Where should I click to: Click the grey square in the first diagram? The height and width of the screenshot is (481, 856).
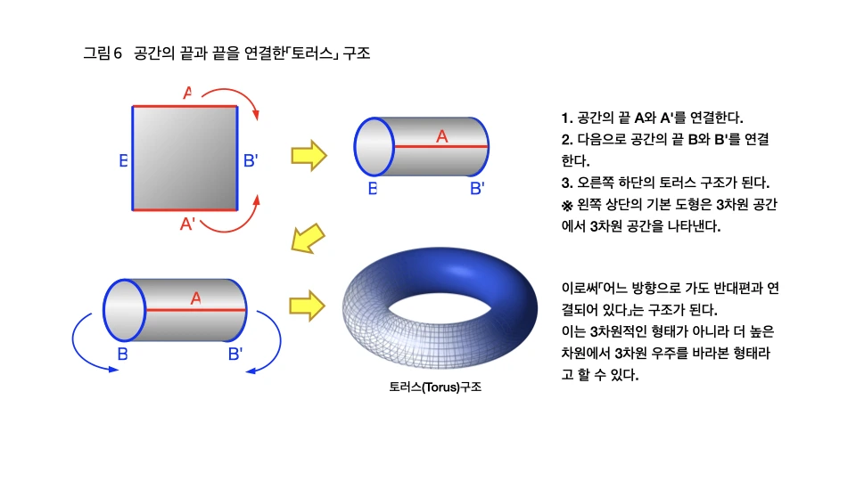tap(185, 159)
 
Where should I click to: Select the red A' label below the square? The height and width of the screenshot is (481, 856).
tap(188, 224)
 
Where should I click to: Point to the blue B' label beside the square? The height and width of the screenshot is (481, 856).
tap(251, 161)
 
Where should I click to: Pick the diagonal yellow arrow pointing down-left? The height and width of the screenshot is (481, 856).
tap(309, 238)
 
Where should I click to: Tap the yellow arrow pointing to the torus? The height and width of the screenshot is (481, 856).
tap(307, 305)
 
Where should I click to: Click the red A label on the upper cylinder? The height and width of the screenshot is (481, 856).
tap(441, 136)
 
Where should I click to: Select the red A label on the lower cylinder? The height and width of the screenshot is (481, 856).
tap(195, 300)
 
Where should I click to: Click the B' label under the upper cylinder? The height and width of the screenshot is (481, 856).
tap(477, 188)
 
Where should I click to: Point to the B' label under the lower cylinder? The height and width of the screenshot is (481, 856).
tap(235, 354)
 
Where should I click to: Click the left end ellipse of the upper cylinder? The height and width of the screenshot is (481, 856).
tap(374, 146)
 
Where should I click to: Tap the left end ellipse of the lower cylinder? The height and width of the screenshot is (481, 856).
tap(124, 310)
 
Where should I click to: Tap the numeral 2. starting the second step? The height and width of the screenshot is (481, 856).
tap(566, 140)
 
